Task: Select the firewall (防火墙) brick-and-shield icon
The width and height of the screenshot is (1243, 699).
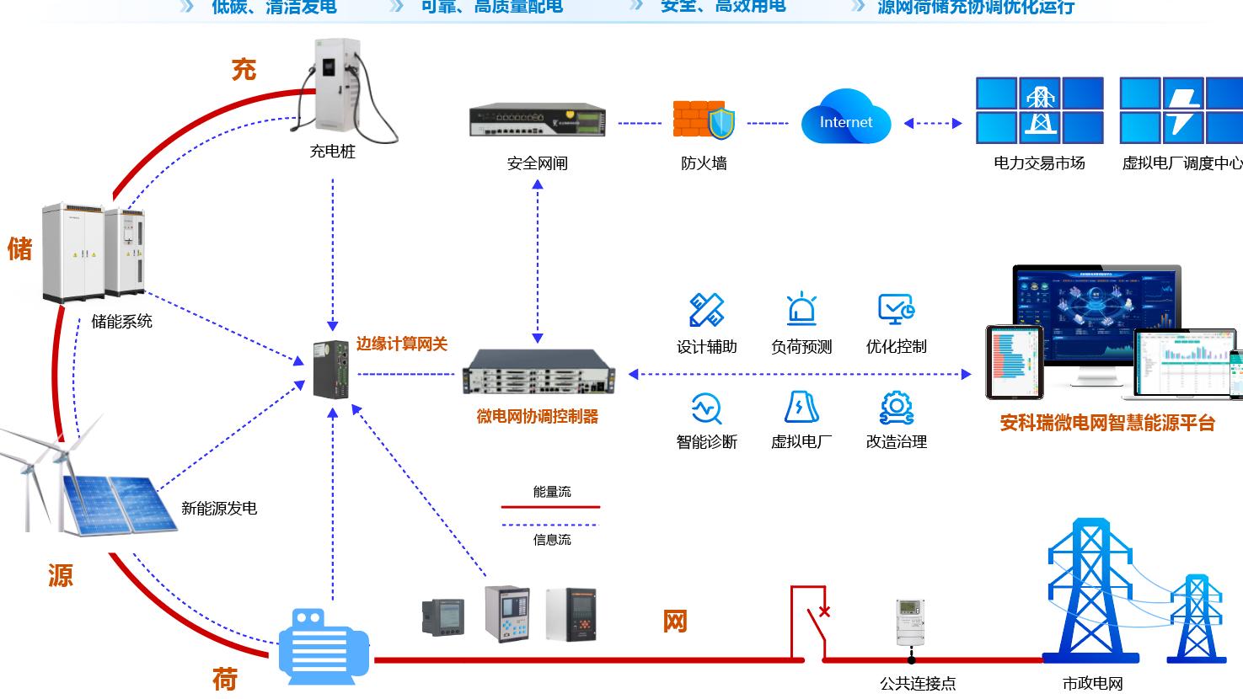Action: tap(704, 120)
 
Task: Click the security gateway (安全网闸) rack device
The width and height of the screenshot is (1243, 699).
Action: tap(538, 120)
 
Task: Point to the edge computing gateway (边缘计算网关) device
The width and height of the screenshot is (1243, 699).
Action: tap(331, 369)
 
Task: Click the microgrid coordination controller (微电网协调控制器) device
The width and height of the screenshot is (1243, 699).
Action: tap(538, 372)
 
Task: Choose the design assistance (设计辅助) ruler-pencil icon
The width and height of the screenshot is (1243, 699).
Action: tap(706, 310)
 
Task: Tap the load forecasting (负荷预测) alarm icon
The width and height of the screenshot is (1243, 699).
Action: tap(801, 310)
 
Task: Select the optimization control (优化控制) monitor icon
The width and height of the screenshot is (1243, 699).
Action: tap(896, 310)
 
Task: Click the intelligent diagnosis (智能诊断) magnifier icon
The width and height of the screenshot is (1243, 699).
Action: tap(706, 408)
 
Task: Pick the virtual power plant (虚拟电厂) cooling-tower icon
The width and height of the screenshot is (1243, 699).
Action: tap(801, 408)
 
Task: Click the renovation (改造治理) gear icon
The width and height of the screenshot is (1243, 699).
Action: tap(896, 408)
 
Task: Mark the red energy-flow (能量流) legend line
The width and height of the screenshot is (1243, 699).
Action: tap(551, 507)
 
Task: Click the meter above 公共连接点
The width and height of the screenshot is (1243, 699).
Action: tap(910, 622)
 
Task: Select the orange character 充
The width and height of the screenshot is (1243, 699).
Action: tap(244, 69)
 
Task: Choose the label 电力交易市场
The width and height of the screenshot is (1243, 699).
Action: tap(1039, 163)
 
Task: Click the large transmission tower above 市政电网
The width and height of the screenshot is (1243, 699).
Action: tap(1090, 590)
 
